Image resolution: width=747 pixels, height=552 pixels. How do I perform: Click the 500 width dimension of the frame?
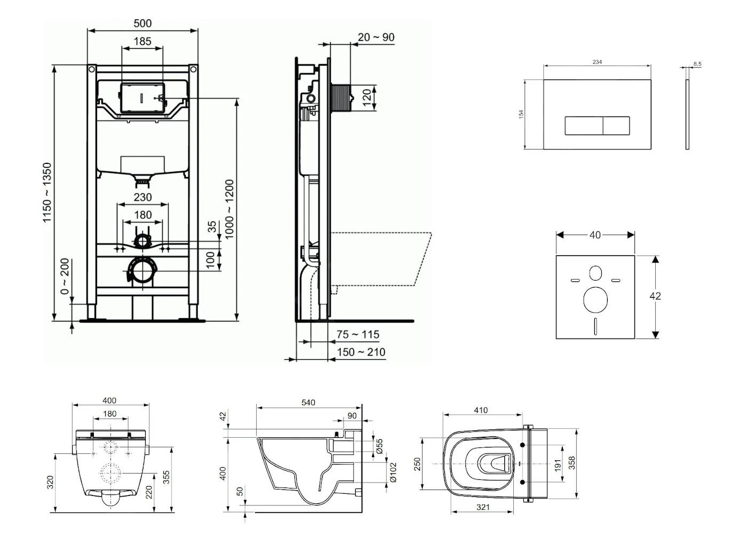(142, 23)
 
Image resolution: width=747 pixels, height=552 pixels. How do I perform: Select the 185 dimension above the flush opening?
(142, 41)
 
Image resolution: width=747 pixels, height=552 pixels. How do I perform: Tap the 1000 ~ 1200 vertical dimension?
(229, 209)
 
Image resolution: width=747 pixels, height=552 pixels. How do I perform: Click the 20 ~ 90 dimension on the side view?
(376, 37)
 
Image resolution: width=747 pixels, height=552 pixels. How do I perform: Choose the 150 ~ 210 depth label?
(361, 352)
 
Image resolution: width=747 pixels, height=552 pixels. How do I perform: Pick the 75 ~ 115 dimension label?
(358, 335)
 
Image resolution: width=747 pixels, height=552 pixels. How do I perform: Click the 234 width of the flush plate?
(597, 62)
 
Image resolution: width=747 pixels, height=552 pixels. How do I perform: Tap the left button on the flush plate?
(584, 126)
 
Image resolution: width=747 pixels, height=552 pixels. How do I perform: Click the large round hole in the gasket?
(595, 300)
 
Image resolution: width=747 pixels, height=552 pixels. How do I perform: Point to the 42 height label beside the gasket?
(656, 296)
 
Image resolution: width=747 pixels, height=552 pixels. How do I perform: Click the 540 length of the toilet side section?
(308, 403)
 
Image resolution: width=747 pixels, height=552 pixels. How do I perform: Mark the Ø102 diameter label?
(393, 472)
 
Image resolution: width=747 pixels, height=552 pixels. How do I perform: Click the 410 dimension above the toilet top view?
(480, 410)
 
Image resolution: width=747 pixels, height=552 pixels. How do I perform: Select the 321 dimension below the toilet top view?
(482, 507)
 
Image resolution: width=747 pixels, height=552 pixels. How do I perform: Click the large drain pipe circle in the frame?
(142, 271)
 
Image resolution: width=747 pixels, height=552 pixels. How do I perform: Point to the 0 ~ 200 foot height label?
(65, 277)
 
